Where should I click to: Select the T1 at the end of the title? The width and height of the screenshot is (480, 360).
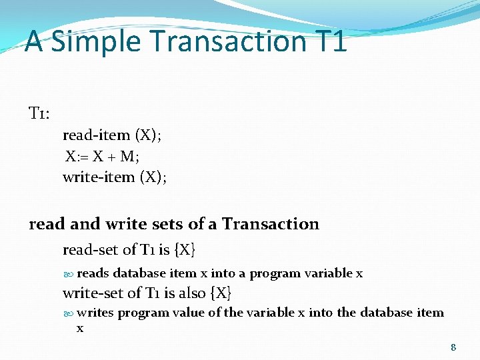(x=329, y=41)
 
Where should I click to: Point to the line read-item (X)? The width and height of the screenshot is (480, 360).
(x=112, y=135)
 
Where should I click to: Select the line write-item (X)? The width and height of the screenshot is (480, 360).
(x=115, y=177)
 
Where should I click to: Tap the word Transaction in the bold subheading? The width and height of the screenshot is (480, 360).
(x=271, y=224)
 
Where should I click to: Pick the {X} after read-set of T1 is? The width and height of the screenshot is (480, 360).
(x=184, y=251)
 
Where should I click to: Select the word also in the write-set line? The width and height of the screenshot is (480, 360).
(x=191, y=293)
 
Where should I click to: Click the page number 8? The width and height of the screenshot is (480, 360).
(x=453, y=347)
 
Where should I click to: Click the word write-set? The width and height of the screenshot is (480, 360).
(x=93, y=293)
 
